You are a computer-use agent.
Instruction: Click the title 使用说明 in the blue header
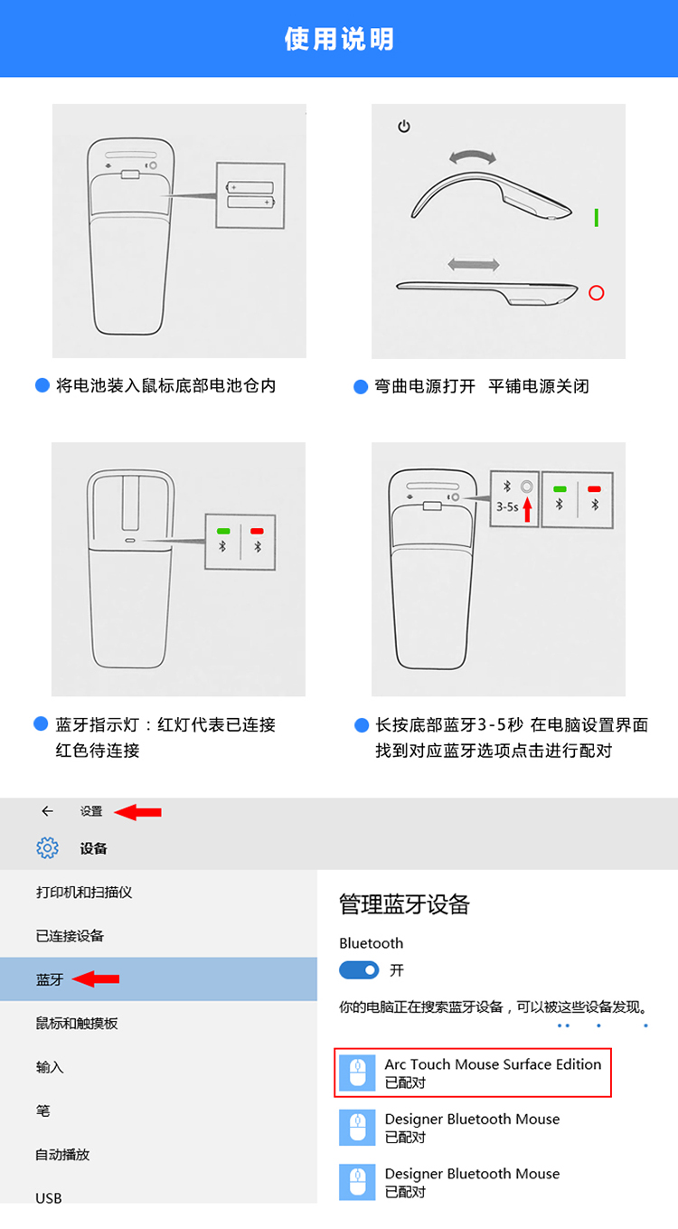(x=339, y=39)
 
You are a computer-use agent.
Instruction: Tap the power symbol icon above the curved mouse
(x=404, y=127)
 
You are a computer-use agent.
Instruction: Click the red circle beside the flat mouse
(x=597, y=293)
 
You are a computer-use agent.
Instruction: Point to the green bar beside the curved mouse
(x=597, y=217)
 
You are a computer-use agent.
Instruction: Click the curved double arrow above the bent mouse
(x=472, y=156)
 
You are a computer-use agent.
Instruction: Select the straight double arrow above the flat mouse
(x=474, y=265)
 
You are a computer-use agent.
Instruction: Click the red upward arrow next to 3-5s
(x=527, y=509)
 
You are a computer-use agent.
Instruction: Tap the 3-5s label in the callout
(x=507, y=507)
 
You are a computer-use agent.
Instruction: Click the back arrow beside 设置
(x=48, y=811)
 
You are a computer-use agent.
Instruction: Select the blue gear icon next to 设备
(x=48, y=847)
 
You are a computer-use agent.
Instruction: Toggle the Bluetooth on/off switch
(x=359, y=970)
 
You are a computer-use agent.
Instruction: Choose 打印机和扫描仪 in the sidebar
(x=84, y=892)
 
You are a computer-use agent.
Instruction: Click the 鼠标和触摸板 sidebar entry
(x=77, y=1023)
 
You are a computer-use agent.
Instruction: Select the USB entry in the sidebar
(x=49, y=1198)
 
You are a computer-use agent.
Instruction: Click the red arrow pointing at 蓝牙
(x=96, y=978)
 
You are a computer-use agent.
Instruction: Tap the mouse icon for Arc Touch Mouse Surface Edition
(x=357, y=1073)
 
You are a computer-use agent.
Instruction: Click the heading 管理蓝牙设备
(x=404, y=904)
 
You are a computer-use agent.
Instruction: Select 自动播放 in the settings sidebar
(x=62, y=1154)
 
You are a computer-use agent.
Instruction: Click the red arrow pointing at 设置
(x=137, y=811)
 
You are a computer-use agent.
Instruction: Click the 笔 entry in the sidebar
(x=42, y=1111)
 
